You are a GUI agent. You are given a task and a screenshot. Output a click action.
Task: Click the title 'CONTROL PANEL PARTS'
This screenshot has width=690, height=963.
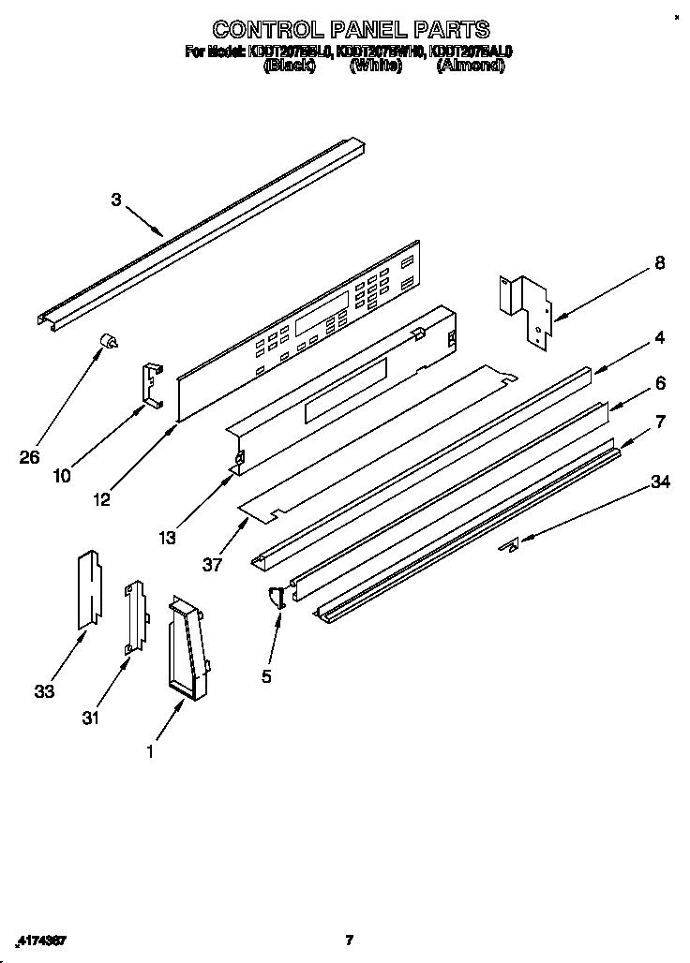tap(349, 30)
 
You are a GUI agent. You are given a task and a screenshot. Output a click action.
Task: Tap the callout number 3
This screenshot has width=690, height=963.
tap(116, 199)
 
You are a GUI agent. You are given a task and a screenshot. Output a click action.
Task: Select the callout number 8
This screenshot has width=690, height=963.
tap(660, 264)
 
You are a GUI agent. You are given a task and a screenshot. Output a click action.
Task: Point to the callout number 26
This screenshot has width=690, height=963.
tap(30, 457)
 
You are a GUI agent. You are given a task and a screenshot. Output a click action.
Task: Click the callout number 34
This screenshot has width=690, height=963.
tap(660, 482)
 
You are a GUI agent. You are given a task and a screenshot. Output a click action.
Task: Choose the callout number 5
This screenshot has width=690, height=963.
tap(267, 675)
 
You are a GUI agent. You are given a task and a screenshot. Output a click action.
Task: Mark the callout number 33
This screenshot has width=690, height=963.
tap(44, 691)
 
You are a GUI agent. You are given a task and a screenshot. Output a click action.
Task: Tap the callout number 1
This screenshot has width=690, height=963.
tap(149, 750)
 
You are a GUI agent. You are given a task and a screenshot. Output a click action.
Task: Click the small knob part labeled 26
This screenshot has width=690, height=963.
tap(110, 342)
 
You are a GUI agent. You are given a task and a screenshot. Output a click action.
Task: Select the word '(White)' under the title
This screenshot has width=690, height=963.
tap(375, 67)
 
